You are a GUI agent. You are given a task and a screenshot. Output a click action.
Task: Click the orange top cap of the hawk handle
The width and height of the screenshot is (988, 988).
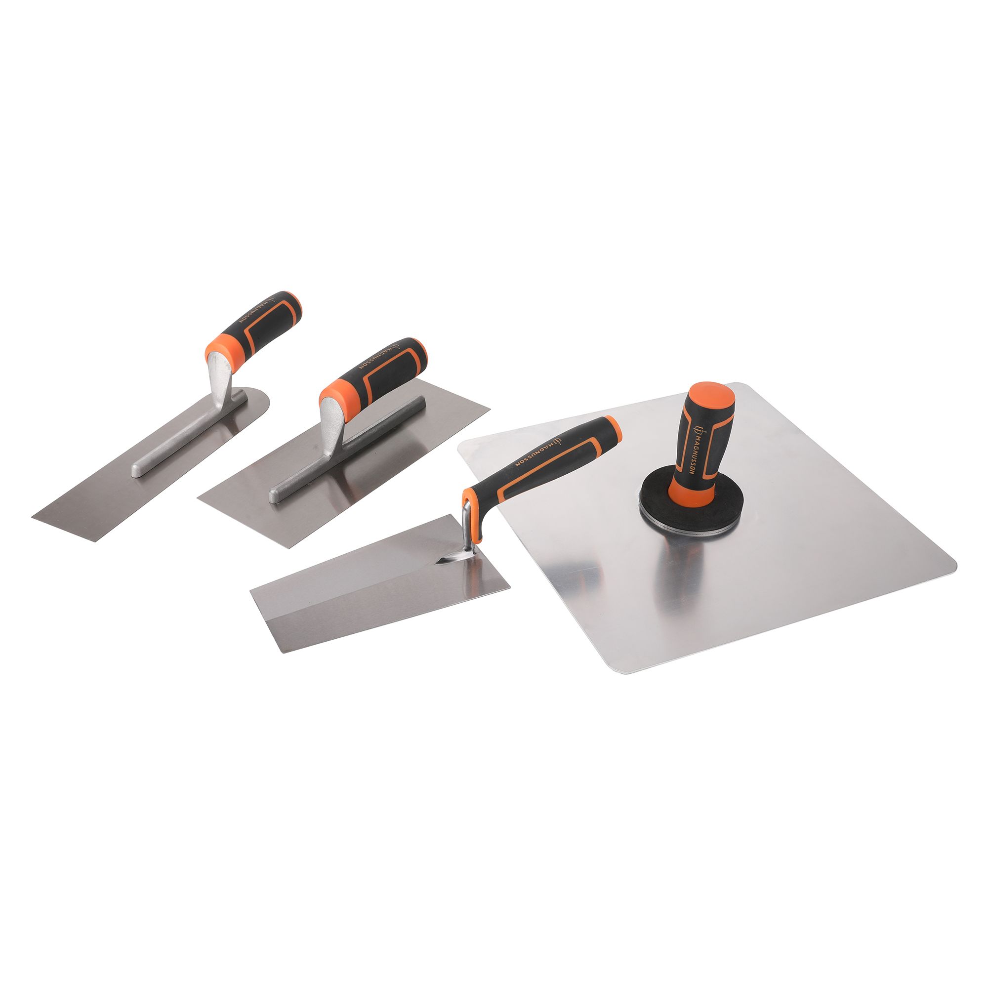tap(712, 399)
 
